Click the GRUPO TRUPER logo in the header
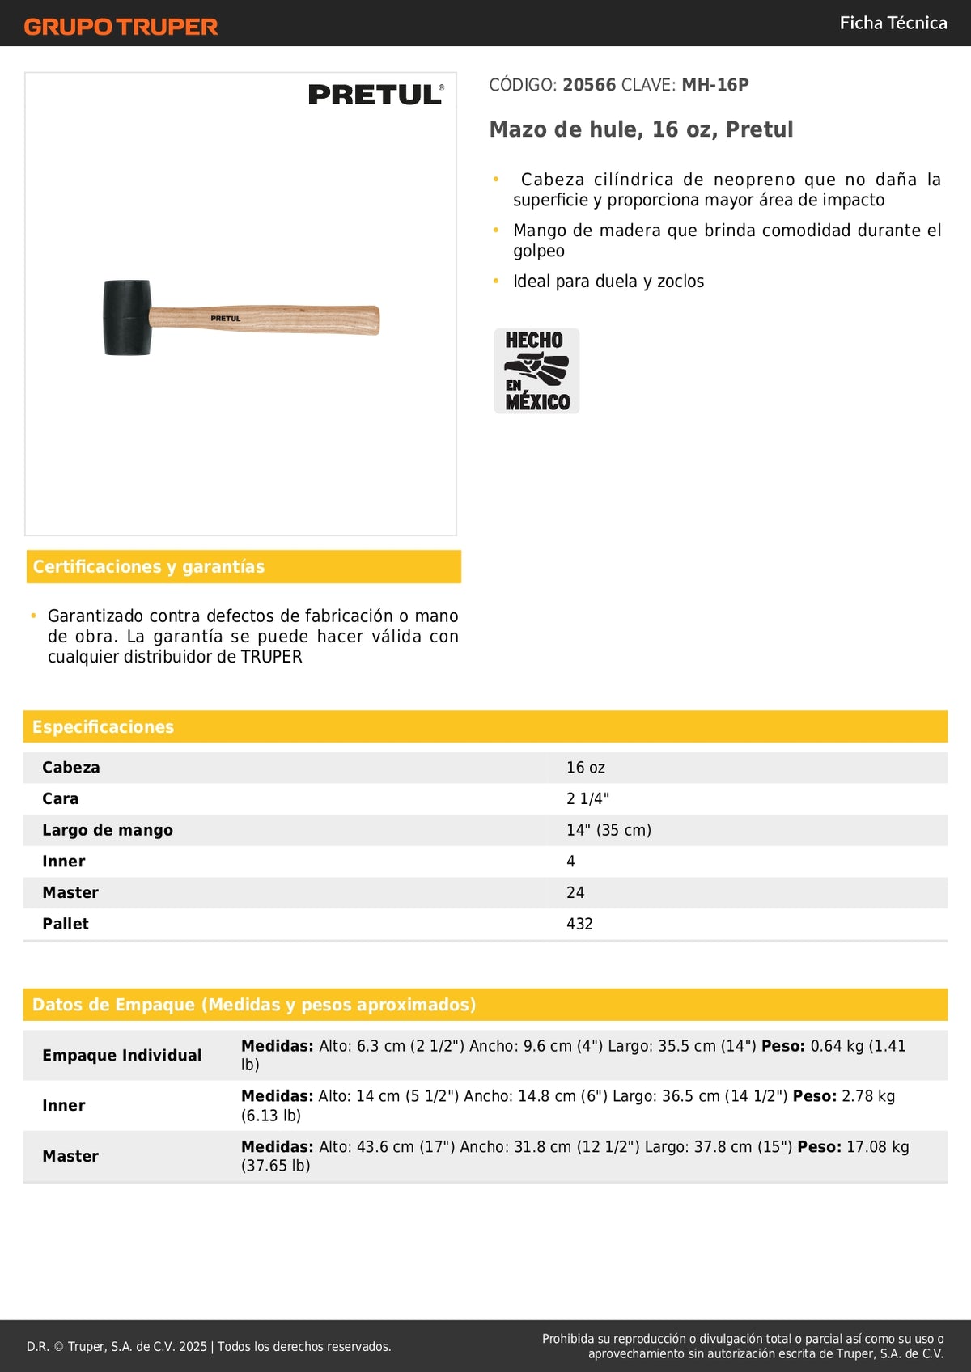tap(121, 27)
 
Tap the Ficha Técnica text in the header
tap(893, 23)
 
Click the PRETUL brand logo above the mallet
tap(375, 95)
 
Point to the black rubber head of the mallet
tap(127, 317)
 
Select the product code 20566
tap(589, 85)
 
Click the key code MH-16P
tap(715, 85)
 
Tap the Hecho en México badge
tap(536, 371)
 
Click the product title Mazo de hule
tap(641, 129)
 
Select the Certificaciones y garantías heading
tap(149, 566)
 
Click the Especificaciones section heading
tap(103, 726)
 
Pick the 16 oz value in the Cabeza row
tap(586, 768)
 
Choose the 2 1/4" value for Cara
tap(587, 798)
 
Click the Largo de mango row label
tap(108, 830)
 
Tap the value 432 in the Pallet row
tap(579, 924)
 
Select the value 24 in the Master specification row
tap(575, 892)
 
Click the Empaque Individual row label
tap(122, 1055)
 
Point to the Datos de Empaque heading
tap(254, 1005)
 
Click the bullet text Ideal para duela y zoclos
tap(608, 282)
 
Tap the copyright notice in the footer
tap(209, 1346)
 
